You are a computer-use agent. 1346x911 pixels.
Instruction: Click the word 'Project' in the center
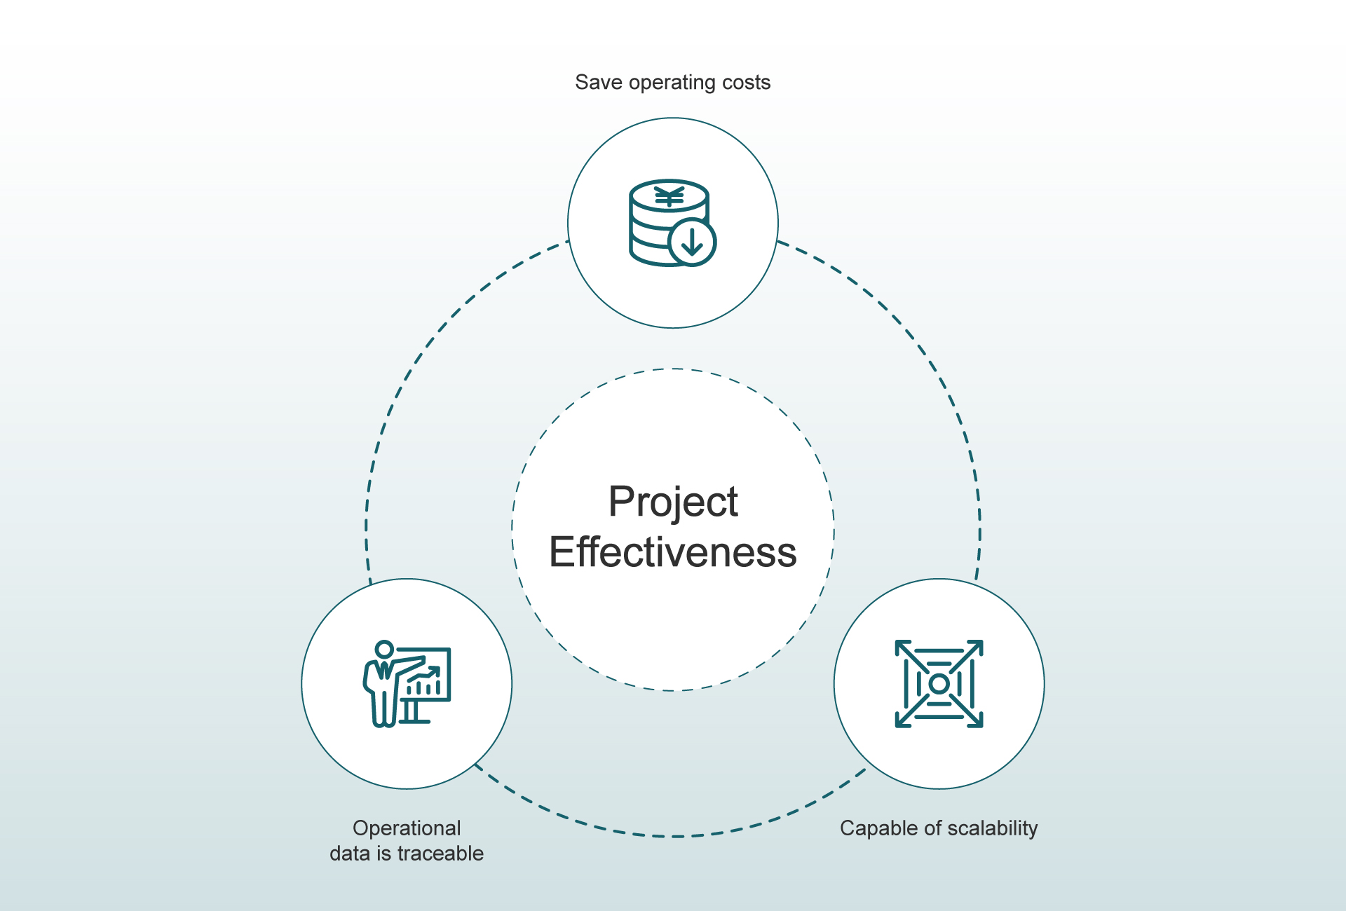coord(673,502)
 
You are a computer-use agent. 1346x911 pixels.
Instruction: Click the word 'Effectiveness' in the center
coord(673,552)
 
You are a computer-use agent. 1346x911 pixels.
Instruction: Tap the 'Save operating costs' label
coord(673,83)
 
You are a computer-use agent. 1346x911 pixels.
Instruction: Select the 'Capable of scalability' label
coord(939,828)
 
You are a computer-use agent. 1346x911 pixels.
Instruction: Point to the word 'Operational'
coord(407,828)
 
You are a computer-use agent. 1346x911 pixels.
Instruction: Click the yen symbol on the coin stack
coord(669,197)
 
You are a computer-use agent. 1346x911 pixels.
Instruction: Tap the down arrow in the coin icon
coord(692,242)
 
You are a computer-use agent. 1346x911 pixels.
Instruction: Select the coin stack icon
coord(672,223)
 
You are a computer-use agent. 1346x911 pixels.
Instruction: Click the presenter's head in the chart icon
coord(384,650)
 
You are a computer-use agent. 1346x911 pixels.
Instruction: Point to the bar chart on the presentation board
coord(424,681)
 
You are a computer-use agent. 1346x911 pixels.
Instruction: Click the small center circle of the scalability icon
coord(939,684)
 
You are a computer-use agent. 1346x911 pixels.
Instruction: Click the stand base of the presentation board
coord(414,721)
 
